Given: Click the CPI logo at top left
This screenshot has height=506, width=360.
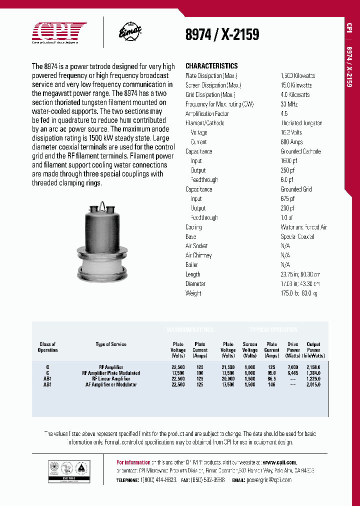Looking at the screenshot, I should (x=59, y=32).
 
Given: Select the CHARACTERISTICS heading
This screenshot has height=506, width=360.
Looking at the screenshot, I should (x=211, y=66).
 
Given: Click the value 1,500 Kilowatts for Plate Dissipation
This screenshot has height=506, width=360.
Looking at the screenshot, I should (x=297, y=75).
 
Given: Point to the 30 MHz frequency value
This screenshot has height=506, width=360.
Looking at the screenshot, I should (x=289, y=104).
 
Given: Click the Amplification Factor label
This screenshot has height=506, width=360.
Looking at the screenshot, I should (x=207, y=113).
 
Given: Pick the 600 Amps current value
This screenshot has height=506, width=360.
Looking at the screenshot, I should (x=291, y=142).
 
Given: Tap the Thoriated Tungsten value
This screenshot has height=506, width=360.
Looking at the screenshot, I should (x=301, y=123).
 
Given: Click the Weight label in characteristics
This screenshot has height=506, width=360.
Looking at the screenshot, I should (x=193, y=293).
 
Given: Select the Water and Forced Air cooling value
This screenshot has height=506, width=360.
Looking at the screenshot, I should (x=303, y=227).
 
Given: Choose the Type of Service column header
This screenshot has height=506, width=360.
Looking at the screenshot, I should (x=111, y=344).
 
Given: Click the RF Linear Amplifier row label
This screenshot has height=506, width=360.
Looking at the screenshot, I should (x=111, y=379).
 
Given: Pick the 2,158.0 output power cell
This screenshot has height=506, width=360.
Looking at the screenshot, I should (x=313, y=367).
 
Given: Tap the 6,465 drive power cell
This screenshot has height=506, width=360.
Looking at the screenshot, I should (x=293, y=373).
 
